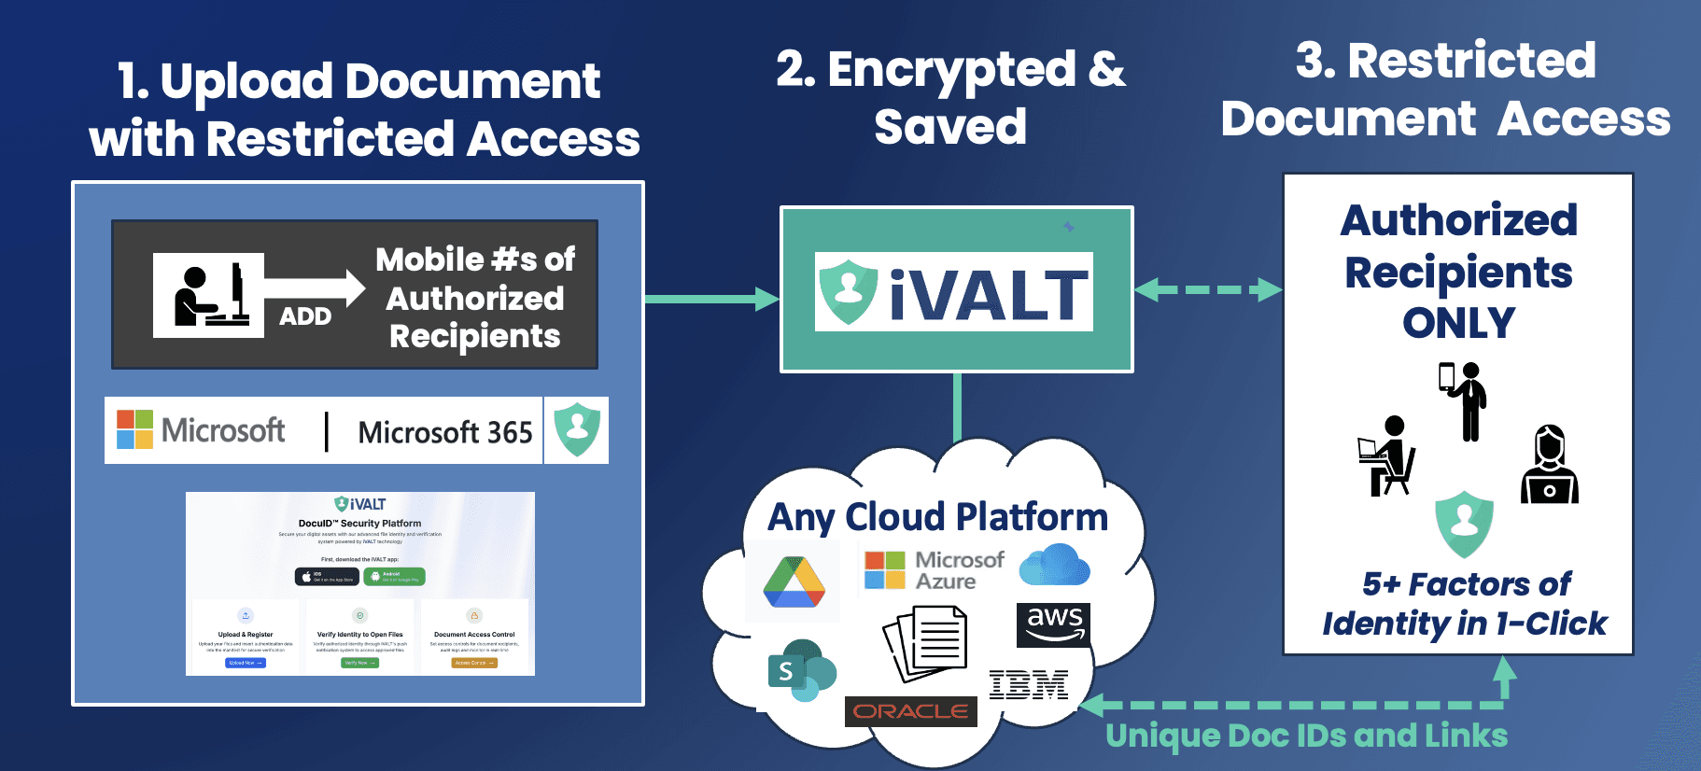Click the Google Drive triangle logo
[794, 582]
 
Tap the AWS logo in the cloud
[1054, 624]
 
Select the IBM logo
[1029, 685]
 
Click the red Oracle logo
[910, 711]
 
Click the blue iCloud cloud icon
[1054, 566]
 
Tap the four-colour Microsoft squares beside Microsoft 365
[134, 429]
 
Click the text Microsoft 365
[444, 432]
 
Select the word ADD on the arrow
[305, 316]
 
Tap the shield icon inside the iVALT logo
[848, 291]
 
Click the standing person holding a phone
[1464, 400]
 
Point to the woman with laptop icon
[1549, 466]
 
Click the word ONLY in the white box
[1458, 323]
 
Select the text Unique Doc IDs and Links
[1306, 736]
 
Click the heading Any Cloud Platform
[937, 516]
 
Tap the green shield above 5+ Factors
[1464, 523]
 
